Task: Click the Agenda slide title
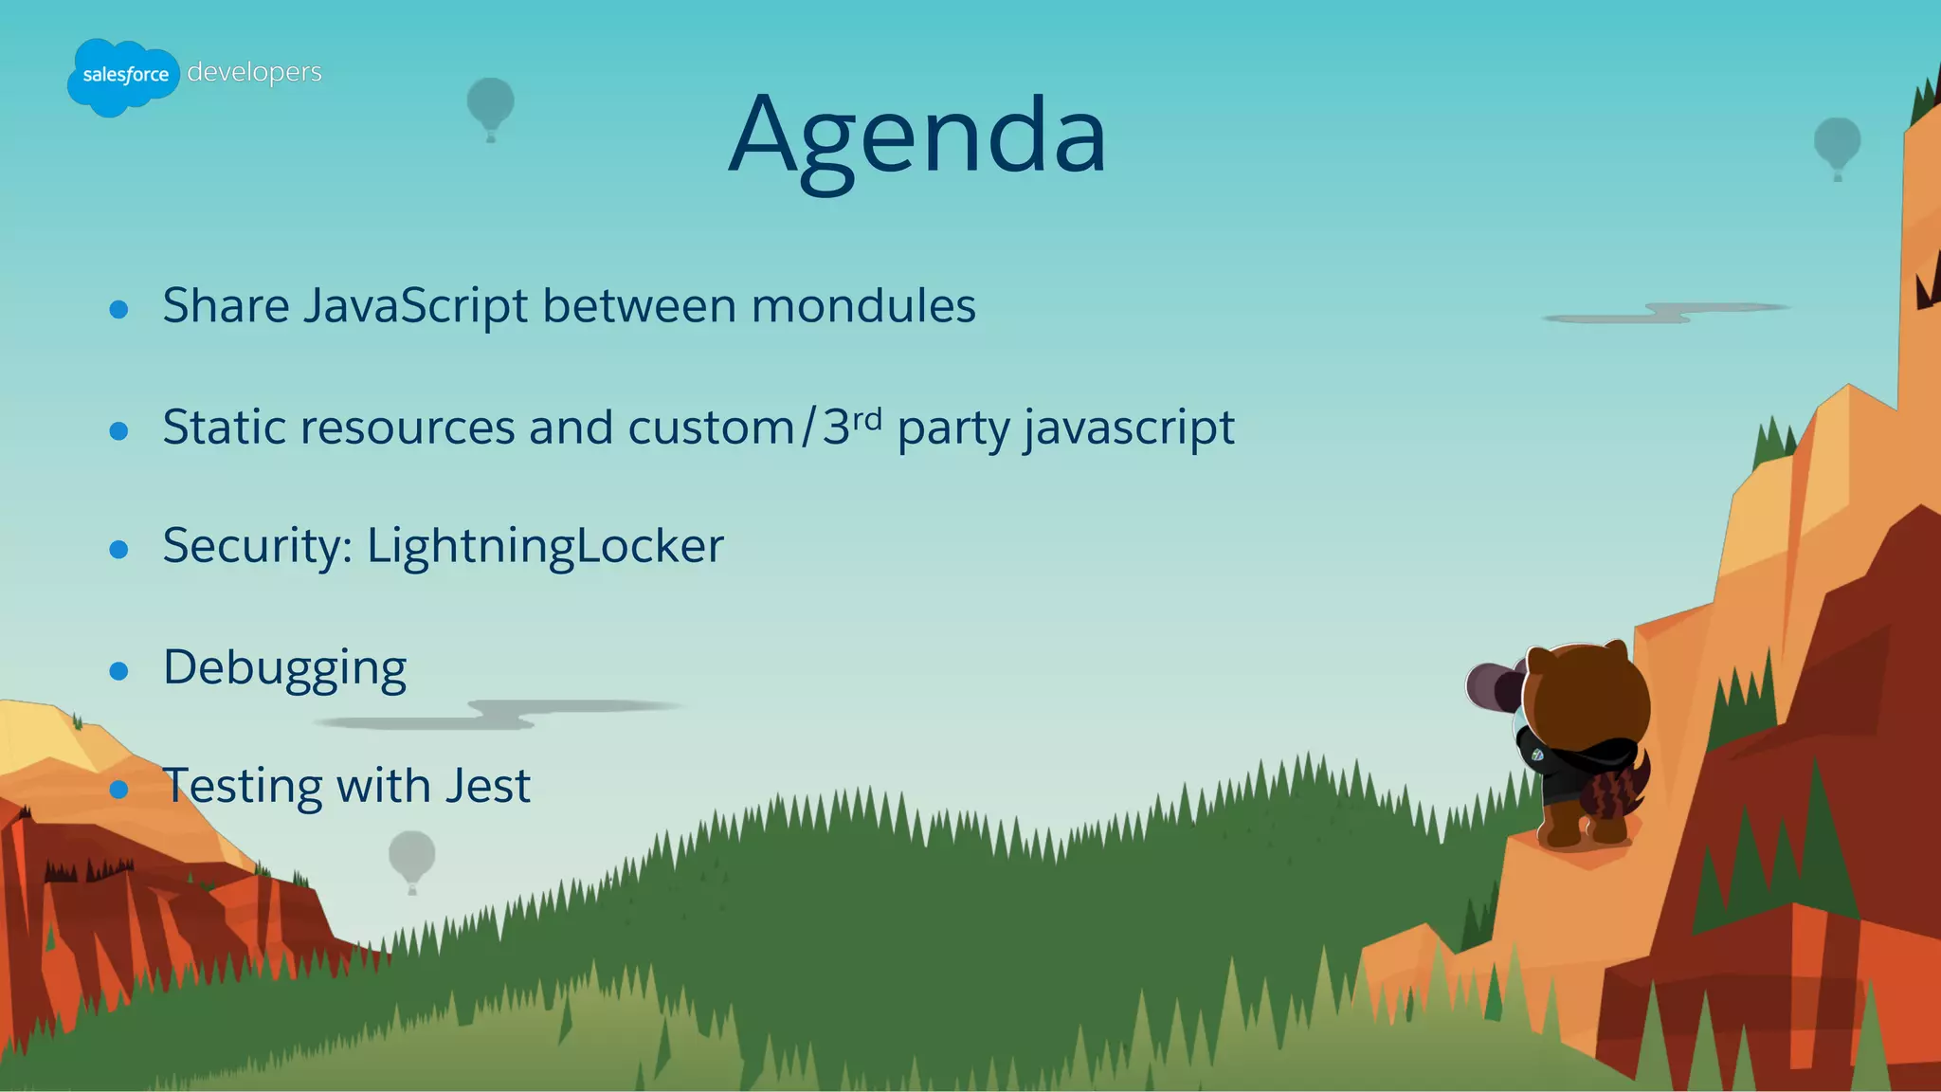917,136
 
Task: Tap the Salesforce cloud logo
123,76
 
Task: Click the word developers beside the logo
254,72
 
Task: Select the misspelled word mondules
862,306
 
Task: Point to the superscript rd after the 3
867,417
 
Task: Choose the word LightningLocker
545,546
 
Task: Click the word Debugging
284,667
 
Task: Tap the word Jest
487,786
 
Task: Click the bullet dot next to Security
118,549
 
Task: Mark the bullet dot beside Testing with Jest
118,789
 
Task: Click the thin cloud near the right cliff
1668,313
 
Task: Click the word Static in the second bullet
224,428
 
